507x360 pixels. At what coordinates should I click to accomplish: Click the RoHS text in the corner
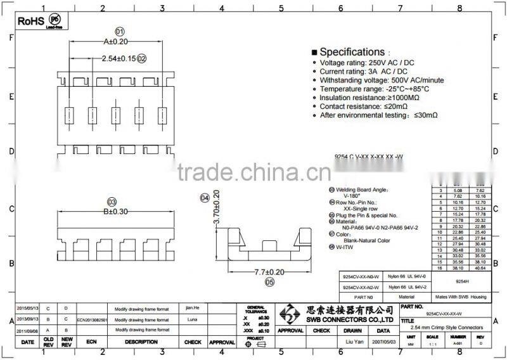pos(30,21)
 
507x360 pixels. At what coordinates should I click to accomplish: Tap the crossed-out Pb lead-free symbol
pos(55,20)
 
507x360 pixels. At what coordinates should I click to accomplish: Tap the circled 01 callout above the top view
pos(119,31)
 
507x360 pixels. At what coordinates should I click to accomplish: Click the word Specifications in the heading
pos(352,52)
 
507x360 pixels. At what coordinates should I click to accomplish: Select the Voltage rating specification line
pos(368,63)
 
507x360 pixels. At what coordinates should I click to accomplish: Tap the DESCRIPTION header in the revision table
pos(141,342)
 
